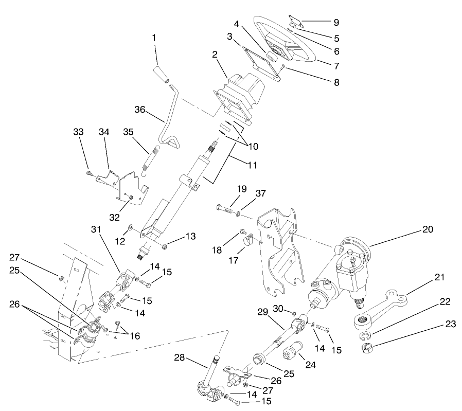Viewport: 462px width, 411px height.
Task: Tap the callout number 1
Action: (154, 38)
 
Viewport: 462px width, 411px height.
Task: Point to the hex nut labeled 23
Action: (368, 349)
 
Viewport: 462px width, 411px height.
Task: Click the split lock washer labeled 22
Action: (366, 336)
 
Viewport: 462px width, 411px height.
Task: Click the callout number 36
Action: (140, 110)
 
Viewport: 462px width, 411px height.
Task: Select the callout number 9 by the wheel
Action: (336, 23)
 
